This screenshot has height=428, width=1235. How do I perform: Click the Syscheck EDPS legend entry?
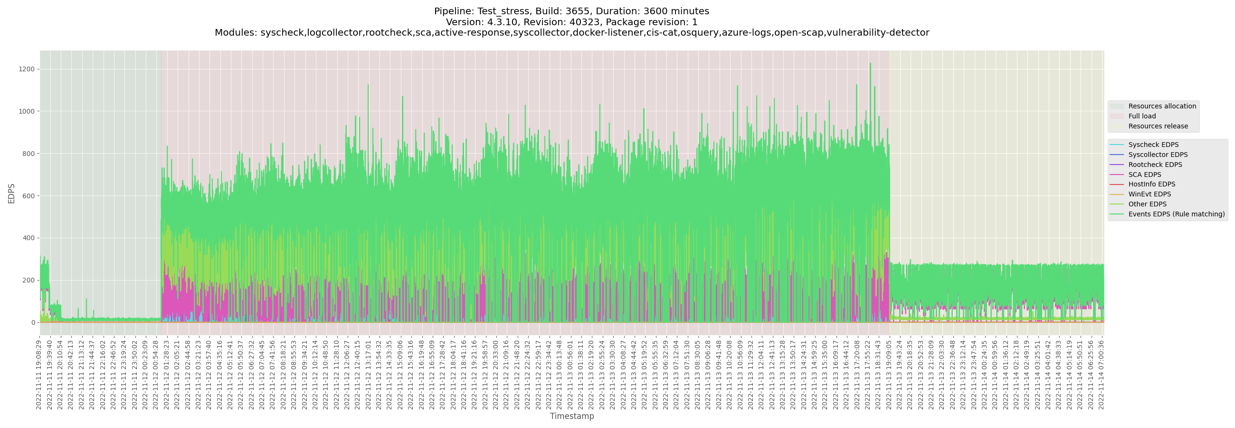click(x=1153, y=145)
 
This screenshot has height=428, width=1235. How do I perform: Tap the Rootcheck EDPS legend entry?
click(x=1155, y=165)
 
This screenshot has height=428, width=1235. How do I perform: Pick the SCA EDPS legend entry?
click(x=1144, y=175)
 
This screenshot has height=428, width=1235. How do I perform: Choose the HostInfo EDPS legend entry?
click(x=1151, y=184)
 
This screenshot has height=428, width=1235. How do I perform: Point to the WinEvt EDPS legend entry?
click(x=1149, y=195)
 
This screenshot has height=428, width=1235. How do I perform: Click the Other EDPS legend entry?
click(x=1147, y=204)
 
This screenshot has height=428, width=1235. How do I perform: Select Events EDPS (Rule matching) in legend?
click(x=1176, y=214)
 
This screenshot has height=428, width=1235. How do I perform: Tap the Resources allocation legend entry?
click(x=1162, y=107)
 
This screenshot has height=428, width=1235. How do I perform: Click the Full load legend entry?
click(x=1142, y=116)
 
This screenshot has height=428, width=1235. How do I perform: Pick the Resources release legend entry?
click(x=1158, y=126)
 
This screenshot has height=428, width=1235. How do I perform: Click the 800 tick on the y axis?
click(x=30, y=154)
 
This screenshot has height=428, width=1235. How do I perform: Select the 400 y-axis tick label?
click(x=30, y=238)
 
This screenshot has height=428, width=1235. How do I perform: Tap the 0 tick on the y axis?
click(x=34, y=322)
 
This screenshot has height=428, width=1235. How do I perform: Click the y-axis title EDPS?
click(x=11, y=194)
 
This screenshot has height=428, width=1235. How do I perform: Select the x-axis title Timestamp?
click(x=571, y=416)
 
